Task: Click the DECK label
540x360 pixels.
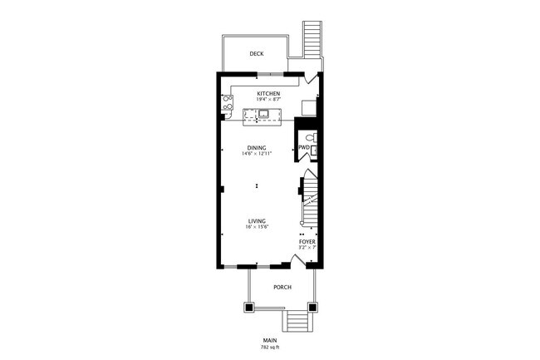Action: [x=257, y=54]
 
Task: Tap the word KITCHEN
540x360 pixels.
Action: [x=268, y=93]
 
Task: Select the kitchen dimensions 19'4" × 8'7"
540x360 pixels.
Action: [x=268, y=100]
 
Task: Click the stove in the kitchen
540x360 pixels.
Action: [x=227, y=104]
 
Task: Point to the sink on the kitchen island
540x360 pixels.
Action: [x=264, y=115]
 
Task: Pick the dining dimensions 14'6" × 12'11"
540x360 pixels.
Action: [x=257, y=154]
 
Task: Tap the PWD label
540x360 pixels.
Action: [x=303, y=148]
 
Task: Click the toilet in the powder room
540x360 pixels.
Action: [x=309, y=137]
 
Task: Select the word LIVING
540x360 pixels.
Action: [x=256, y=220]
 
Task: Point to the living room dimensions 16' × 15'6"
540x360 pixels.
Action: [x=257, y=226]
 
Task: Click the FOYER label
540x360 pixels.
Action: [x=307, y=242]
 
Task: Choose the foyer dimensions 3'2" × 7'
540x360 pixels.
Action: [x=307, y=248]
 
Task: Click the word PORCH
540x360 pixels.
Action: [x=282, y=288]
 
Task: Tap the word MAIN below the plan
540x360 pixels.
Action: [x=269, y=340]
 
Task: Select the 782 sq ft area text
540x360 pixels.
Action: [x=269, y=347]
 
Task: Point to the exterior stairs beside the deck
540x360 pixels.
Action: [x=312, y=37]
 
